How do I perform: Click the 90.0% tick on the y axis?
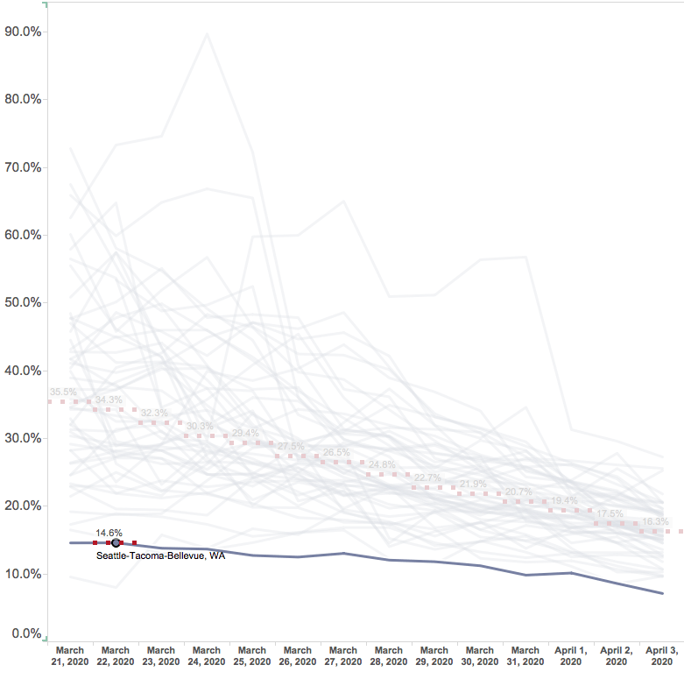(24, 32)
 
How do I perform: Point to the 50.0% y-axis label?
(24, 302)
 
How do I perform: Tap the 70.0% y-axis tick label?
(24, 167)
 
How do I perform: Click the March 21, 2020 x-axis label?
(70, 656)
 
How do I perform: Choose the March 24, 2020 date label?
(207, 656)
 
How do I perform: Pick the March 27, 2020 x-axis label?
(343, 656)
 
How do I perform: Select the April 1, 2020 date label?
(571, 656)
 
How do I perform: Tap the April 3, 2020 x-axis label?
(662, 656)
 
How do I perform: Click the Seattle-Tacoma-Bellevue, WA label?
(160, 555)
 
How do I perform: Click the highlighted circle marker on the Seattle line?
(116, 543)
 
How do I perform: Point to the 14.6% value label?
(109, 532)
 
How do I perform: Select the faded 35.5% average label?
(63, 392)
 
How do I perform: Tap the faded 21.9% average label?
(473, 484)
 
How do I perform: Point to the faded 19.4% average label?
(564, 500)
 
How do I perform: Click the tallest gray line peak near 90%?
(207, 34)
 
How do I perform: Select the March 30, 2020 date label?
(480, 656)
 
